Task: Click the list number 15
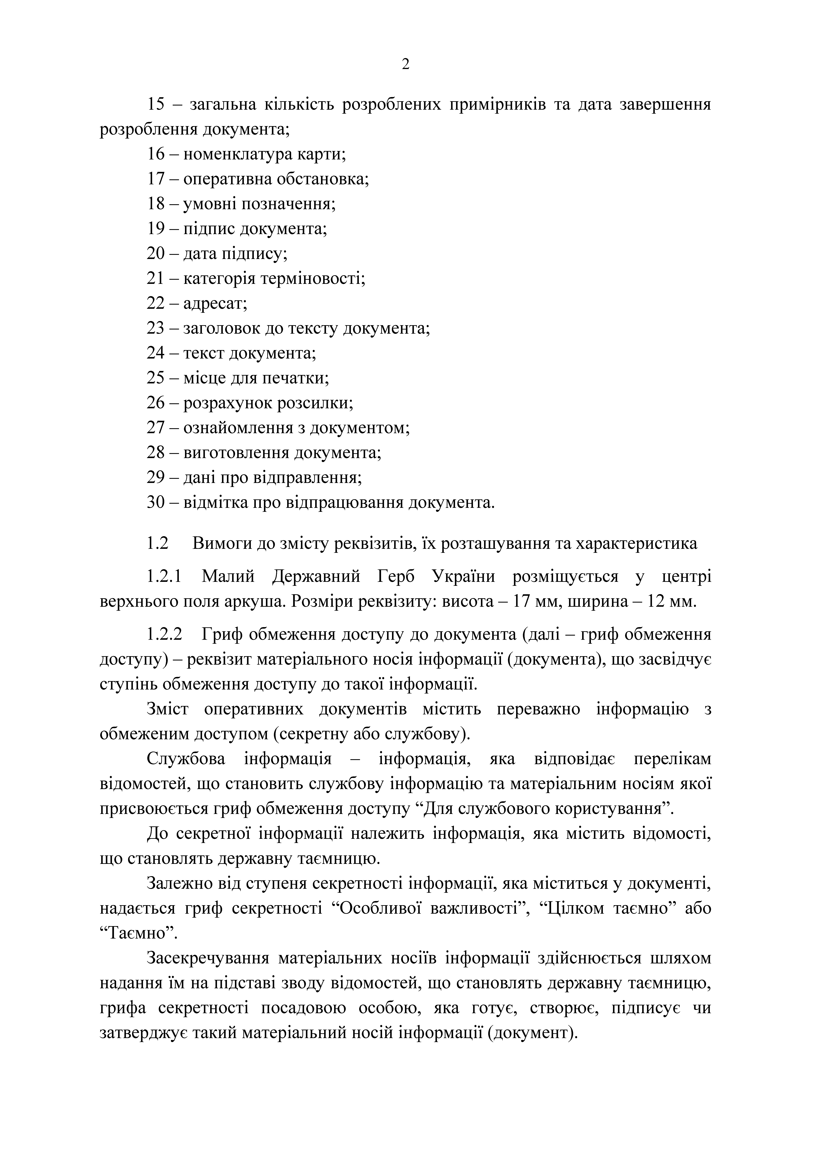click(x=156, y=105)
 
